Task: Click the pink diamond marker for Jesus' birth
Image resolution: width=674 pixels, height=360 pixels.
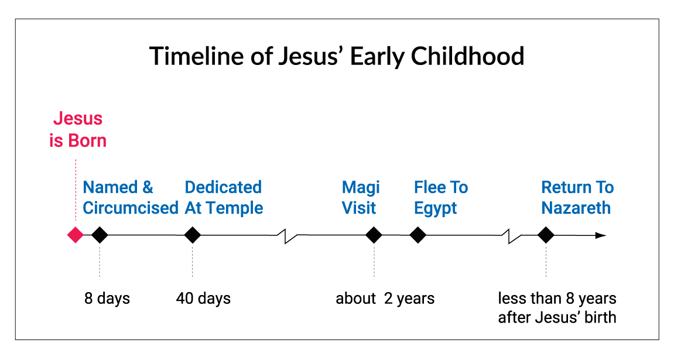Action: [x=75, y=235]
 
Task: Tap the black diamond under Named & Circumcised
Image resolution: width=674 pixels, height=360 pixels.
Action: [x=100, y=235]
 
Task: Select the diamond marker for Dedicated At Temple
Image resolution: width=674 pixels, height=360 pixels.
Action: [x=192, y=235]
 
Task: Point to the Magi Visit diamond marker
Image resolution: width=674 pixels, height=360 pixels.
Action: [x=374, y=235]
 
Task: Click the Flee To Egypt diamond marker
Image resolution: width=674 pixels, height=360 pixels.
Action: [x=418, y=235]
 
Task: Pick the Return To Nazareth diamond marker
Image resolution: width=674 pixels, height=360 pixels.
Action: [x=546, y=235]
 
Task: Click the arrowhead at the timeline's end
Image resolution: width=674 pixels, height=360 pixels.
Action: [x=600, y=235]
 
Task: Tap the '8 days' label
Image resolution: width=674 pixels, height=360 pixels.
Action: [x=107, y=299]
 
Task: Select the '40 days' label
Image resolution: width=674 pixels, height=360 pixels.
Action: [x=203, y=299]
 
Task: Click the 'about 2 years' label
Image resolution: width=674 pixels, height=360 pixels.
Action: [x=385, y=299]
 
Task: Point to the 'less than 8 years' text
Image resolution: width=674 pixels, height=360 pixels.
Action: [x=557, y=298]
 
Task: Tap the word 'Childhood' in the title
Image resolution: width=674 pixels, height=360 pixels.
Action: [x=467, y=56]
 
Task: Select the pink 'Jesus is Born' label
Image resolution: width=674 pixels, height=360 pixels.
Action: [x=78, y=129]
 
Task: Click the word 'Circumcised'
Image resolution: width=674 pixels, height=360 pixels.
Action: [x=131, y=208]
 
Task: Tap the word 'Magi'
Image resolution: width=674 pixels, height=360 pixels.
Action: [x=361, y=188]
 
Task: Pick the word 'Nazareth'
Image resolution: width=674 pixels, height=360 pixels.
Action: [x=576, y=208]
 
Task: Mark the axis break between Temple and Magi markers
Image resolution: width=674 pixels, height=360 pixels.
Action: [x=287, y=235]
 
